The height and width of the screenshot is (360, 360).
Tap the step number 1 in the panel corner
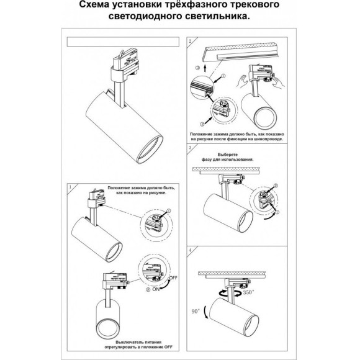70,186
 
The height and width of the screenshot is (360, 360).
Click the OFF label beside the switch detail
173,279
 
